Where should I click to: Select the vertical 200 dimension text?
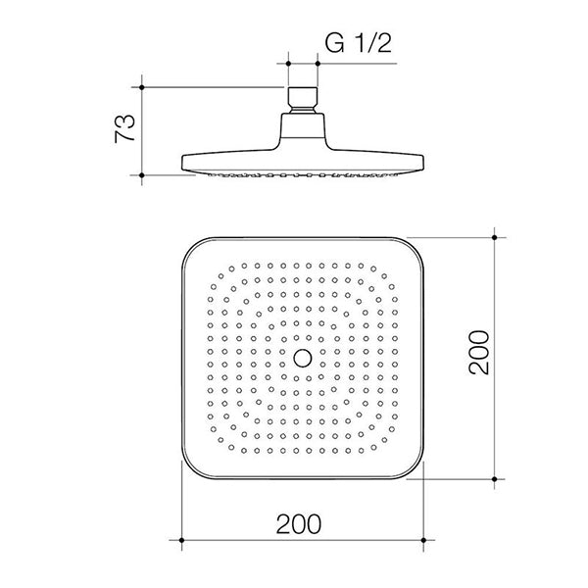pos(477,358)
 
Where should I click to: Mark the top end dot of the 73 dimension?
pos(143,87)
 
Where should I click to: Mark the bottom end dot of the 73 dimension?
pos(143,176)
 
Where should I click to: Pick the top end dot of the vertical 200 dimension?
pos(495,236)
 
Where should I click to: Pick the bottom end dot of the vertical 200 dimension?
pos(495,479)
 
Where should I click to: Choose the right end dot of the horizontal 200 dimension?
pos(423,539)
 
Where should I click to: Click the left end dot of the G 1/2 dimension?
pos(289,64)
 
